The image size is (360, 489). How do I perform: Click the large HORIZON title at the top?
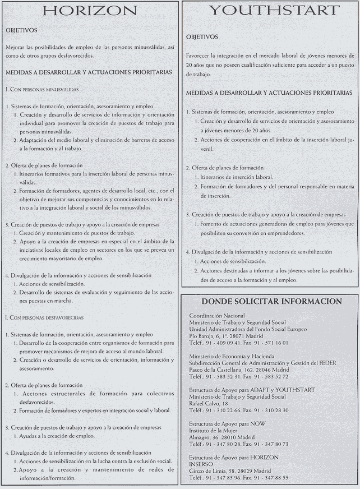pyautogui.click(x=90, y=11)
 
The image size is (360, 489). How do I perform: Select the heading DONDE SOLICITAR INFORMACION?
pyautogui.click(x=271, y=301)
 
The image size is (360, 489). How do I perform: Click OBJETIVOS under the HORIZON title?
pyautogui.click(x=21, y=30)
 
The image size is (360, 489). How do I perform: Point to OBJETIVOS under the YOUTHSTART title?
pyautogui.click(x=202, y=37)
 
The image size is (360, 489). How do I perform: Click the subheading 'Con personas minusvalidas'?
pyautogui.click(x=43, y=89)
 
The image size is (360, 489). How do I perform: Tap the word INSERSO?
pyautogui.click(x=201, y=464)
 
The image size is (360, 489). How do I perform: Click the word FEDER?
pyautogui.click(x=325, y=363)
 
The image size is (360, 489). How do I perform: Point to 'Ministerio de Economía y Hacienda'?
pyautogui.click(x=232, y=356)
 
